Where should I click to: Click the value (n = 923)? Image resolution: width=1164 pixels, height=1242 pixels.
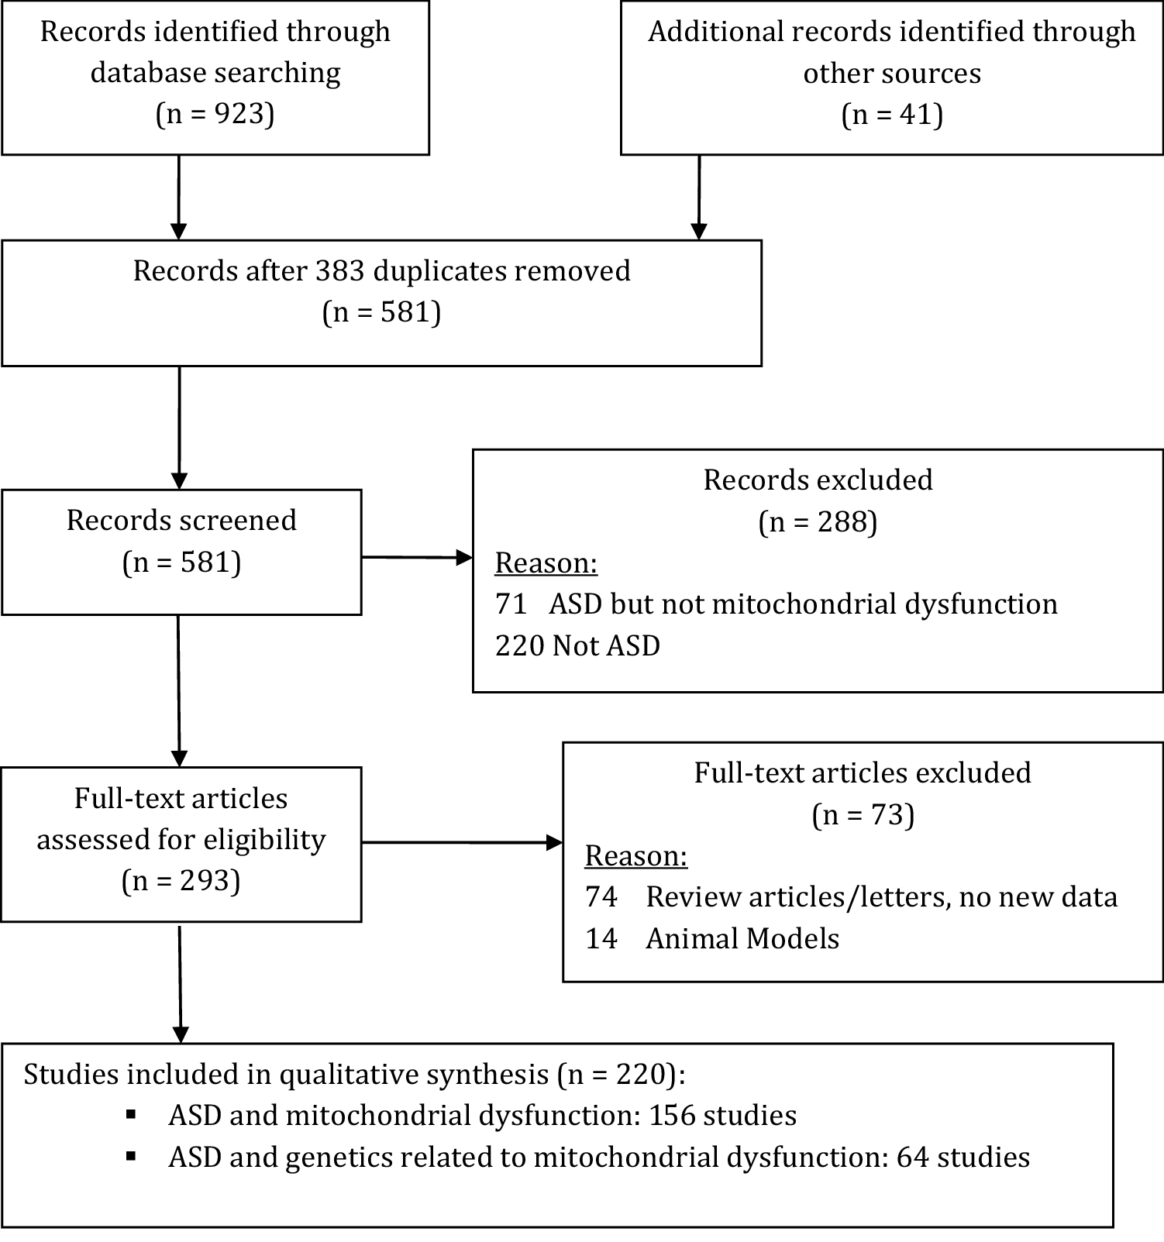pyautogui.click(x=215, y=114)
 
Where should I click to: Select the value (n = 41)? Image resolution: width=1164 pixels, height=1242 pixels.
pyautogui.click(x=892, y=115)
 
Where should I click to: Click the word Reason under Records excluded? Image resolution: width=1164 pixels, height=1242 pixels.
pyautogui.click(x=546, y=563)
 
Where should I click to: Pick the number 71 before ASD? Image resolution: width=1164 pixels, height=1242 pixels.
pyautogui.click(x=511, y=604)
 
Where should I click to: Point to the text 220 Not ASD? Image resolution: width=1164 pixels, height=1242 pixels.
pyautogui.click(x=577, y=645)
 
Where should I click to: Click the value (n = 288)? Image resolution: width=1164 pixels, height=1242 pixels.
pyautogui.click(x=818, y=521)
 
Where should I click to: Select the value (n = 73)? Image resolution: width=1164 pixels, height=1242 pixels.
pyautogui.click(x=863, y=814)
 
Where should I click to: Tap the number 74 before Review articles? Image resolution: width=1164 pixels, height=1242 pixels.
pyautogui.click(x=601, y=896)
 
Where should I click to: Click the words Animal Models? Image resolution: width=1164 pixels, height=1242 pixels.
pyautogui.click(x=742, y=938)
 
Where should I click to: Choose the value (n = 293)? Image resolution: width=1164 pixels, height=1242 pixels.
pyautogui.click(x=181, y=881)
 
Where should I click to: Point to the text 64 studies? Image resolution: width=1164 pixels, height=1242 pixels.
pyautogui.click(x=963, y=1157)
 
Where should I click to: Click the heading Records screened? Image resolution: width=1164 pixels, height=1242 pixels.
pyautogui.click(x=181, y=520)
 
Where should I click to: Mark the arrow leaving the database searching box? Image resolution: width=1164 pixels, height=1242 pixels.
pyautogui.click(x=179, y=198)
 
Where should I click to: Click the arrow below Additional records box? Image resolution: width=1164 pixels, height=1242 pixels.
pyautogui.click(x=699, y=198)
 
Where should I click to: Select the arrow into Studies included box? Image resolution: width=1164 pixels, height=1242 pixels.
pyautogui.click(x=180, y=984)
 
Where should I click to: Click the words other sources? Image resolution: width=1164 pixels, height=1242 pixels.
pyautogui.click(x=892, y=74)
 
